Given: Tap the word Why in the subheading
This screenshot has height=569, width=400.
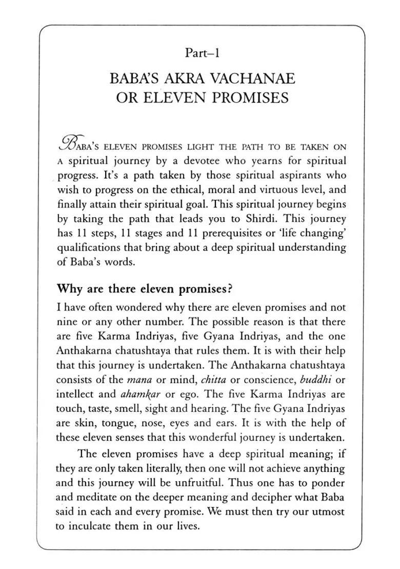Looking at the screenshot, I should [69, 289].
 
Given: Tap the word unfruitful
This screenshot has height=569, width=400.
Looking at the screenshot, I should [197, 483].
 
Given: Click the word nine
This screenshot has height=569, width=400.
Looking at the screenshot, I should [65, 322].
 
